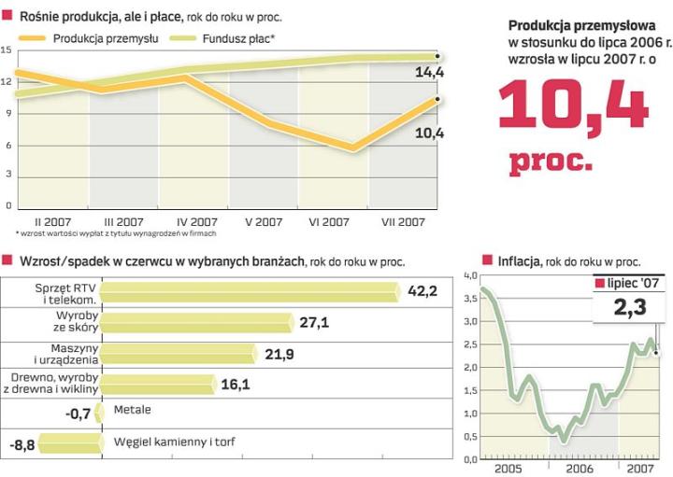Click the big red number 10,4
coord(573,105)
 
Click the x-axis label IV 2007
coord(197,222)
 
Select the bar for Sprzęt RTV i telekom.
coord(249,292)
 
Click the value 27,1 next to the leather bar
coord(314,323)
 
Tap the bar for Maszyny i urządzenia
coord(178,354)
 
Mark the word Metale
coord(132,409)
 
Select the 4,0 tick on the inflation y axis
coord(471,275)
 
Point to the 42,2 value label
coord(422,291)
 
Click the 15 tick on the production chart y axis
coord(7,52)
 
